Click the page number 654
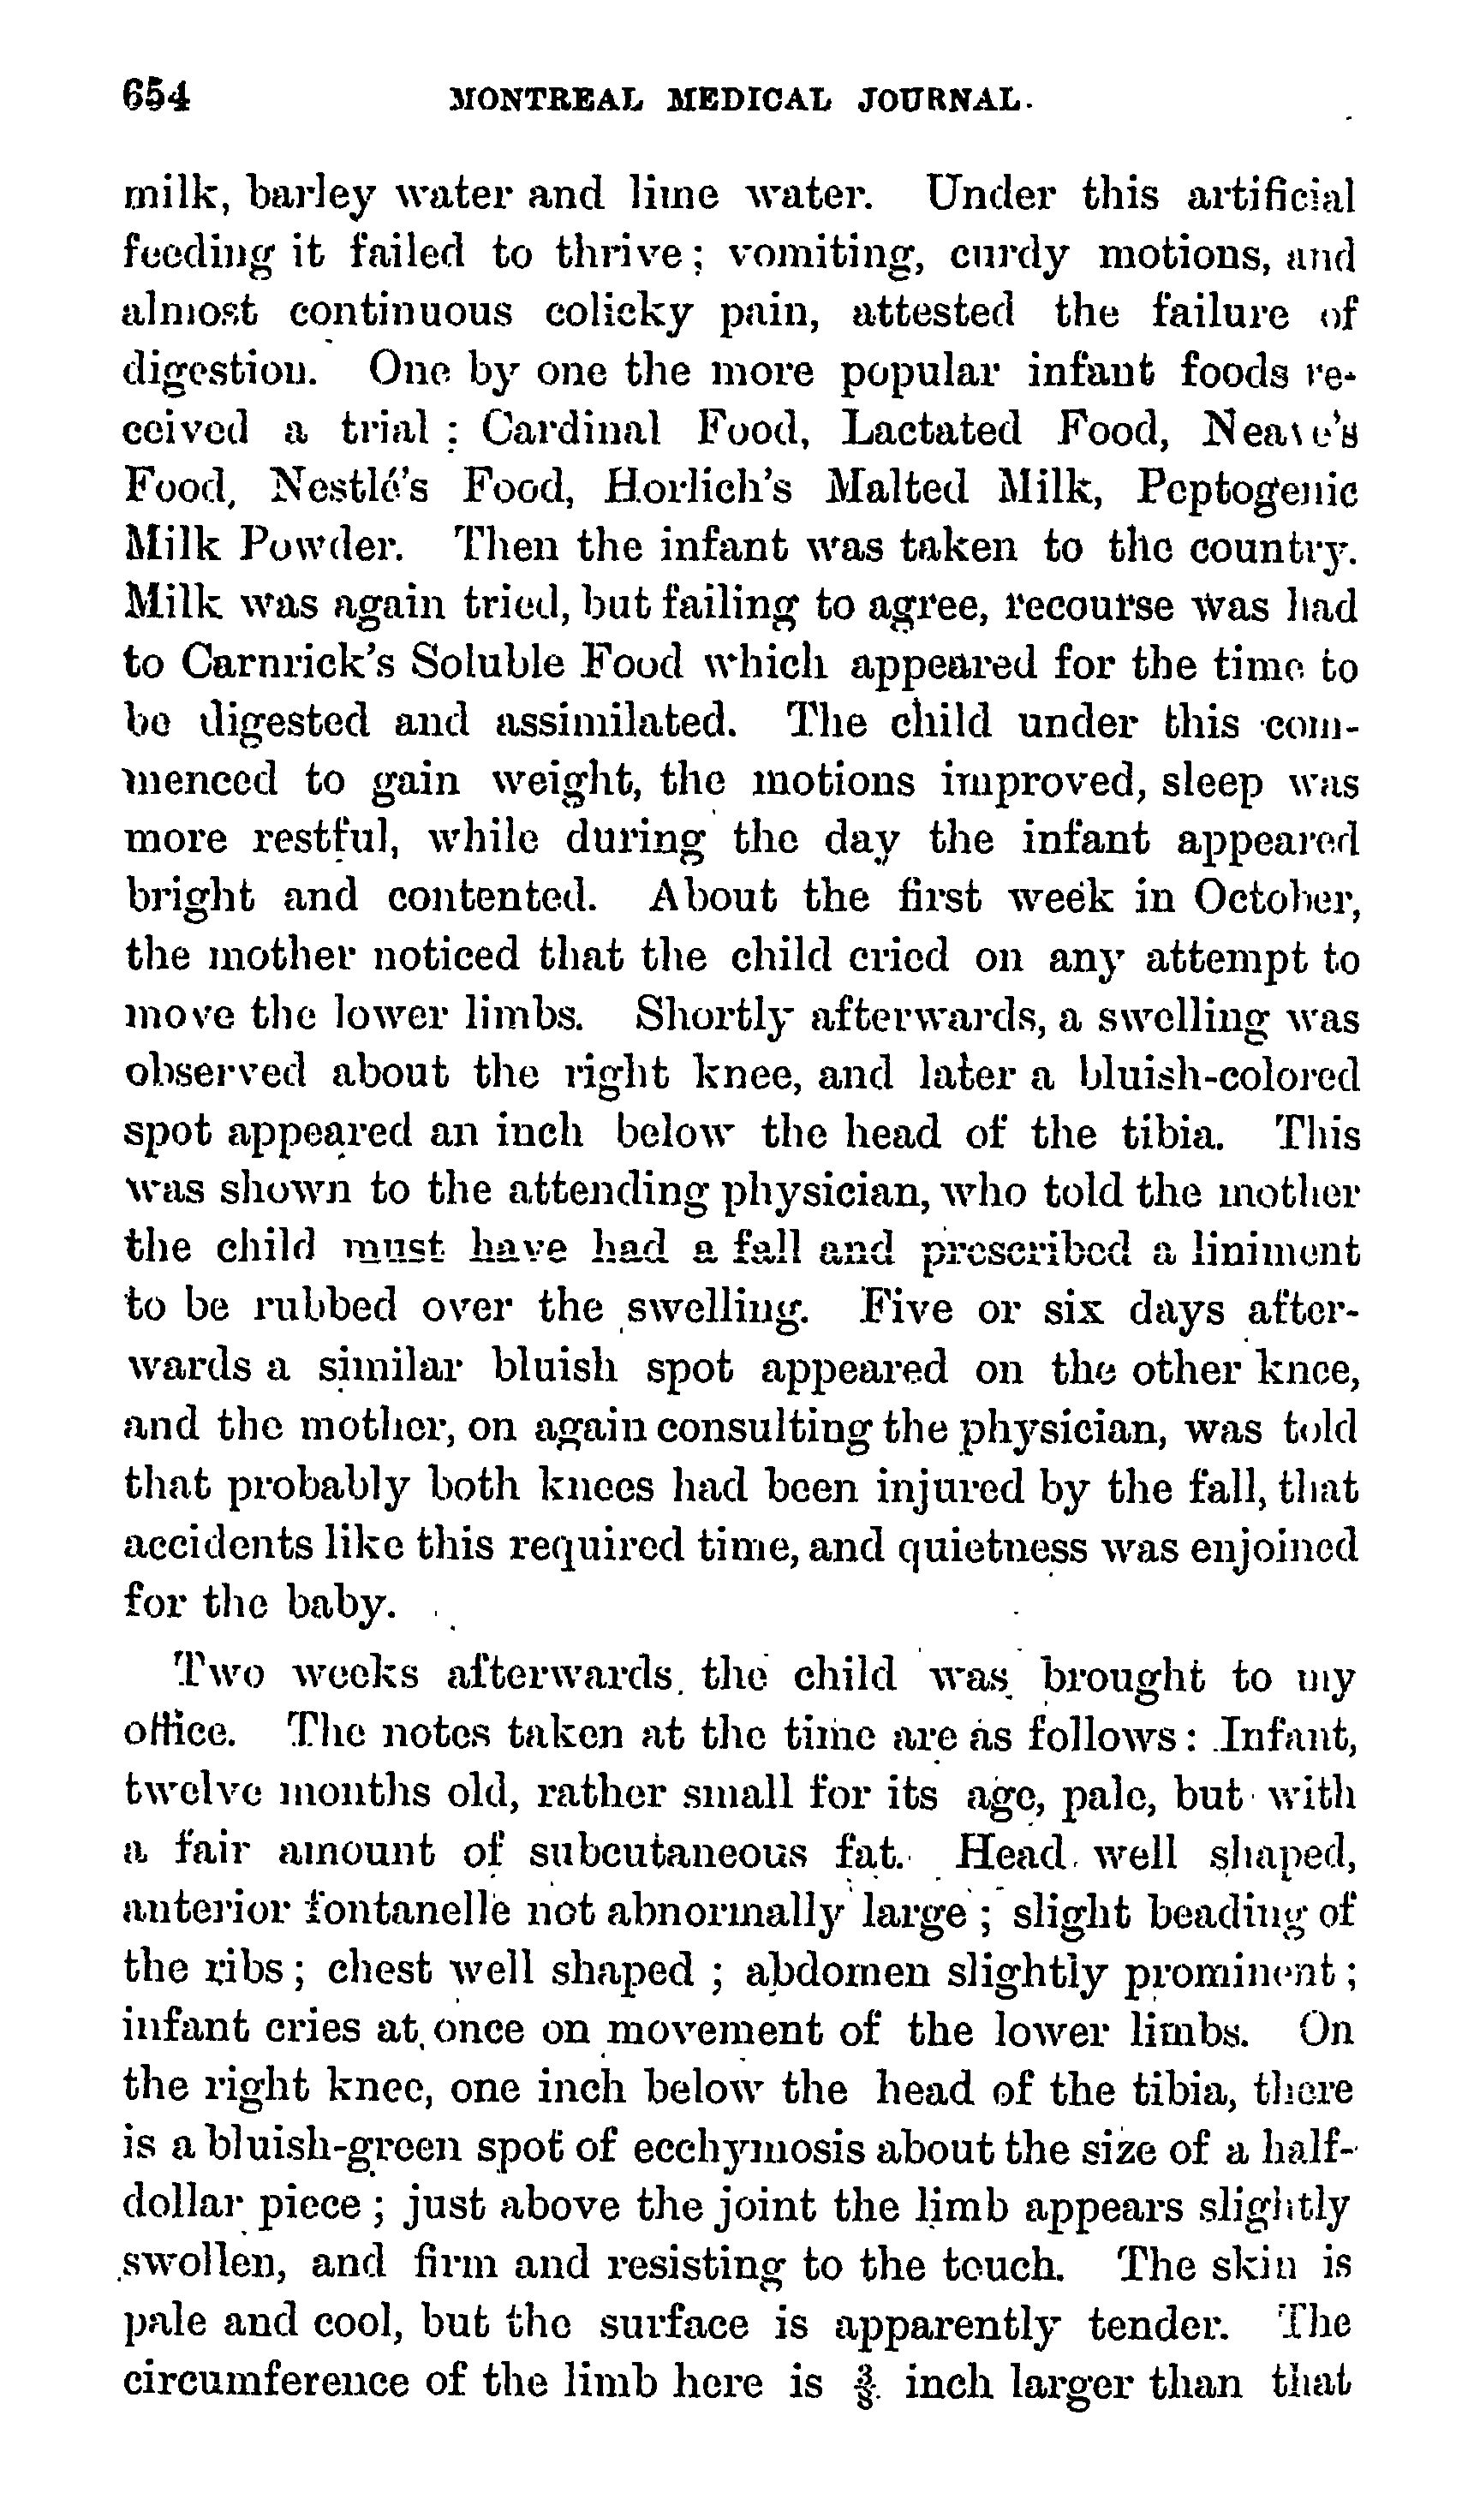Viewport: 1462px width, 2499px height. coord(156,97)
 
